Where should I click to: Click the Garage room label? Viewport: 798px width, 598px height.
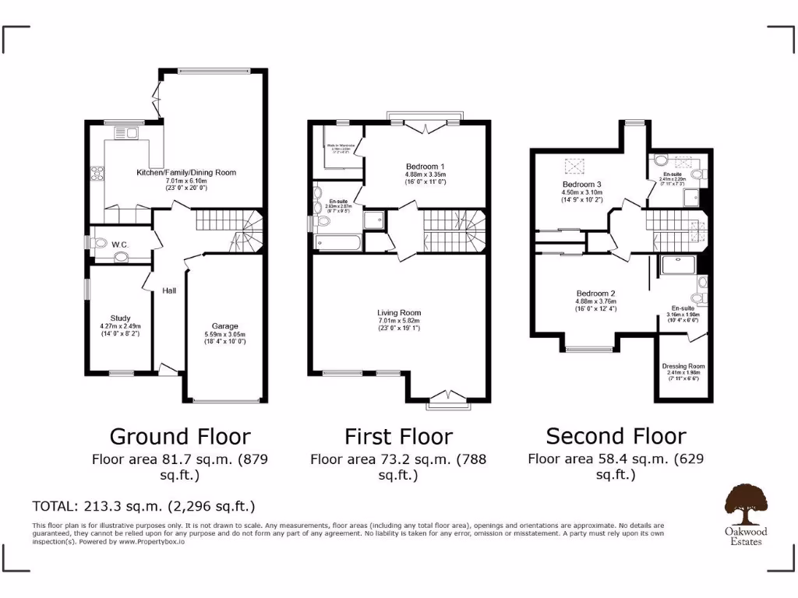225,326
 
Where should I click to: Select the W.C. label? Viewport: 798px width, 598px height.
119,244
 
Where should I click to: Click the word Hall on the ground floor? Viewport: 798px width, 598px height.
169,290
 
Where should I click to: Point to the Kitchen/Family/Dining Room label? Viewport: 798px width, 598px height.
186,172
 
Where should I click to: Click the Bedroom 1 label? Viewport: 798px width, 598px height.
425,167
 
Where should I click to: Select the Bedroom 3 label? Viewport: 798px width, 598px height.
584,184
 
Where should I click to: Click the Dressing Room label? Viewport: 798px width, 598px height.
683,366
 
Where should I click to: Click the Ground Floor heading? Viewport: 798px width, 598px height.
180,435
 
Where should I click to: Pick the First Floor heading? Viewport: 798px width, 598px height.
398,435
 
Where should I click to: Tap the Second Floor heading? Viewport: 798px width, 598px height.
616,435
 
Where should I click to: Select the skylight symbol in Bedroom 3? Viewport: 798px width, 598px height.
576,165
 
